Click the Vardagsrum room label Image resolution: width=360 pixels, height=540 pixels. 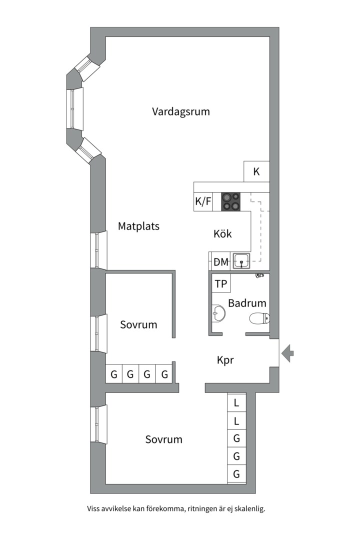coord(180,111)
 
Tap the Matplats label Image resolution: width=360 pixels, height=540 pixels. coord(138,226)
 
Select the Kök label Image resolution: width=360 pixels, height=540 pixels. coord(222,233)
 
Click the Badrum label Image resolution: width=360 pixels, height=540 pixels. coord(247,303)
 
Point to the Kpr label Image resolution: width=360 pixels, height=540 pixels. coord(225,360)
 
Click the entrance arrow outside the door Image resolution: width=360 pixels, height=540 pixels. coord(287,353)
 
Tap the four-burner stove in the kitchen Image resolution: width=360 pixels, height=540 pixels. coord(230,201)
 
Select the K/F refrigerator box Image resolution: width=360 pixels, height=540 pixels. coord(203,201)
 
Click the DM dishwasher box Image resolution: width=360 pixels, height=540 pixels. coord(221,261)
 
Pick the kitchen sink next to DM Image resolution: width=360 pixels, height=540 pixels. coord(243,260)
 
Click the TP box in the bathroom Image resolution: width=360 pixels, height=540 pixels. coord(221,284)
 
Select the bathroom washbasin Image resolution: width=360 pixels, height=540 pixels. coord(218,313)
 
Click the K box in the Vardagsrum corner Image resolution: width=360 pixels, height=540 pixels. coord(256,171)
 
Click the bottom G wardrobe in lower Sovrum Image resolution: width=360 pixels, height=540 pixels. coord(236,474)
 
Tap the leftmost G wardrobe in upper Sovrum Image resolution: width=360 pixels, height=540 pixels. coord(114,374)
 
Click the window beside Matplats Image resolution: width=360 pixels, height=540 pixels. coord(98,250)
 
